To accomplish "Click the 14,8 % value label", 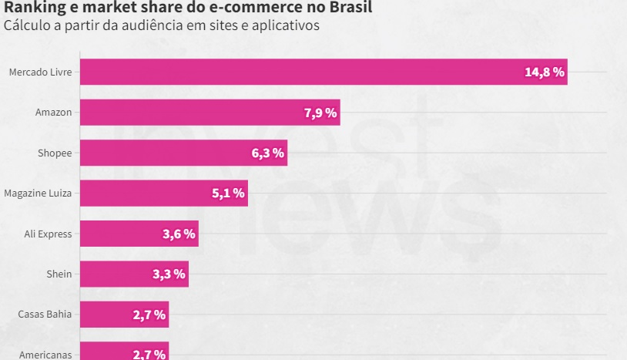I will click(545, 72).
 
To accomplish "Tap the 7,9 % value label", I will click(320, 113).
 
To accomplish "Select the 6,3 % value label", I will click(268, 153).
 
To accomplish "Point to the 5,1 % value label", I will click(229, 193).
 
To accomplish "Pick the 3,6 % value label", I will click(179, 234).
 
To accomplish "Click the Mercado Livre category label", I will click(40, 72).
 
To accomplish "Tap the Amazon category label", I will click(53, 113).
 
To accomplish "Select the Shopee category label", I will click(55, 153).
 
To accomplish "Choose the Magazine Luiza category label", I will click(38, 193).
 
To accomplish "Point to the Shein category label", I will click(59, 274).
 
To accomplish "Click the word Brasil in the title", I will click(350, 8).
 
